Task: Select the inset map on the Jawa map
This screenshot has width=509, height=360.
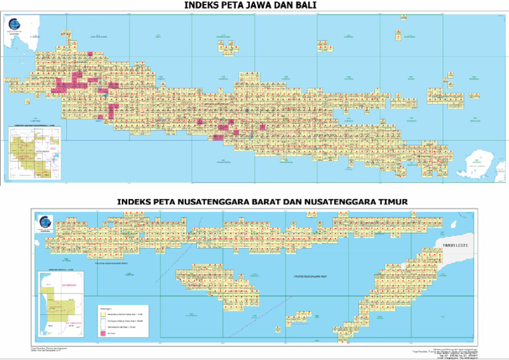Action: click(x=32, y=151)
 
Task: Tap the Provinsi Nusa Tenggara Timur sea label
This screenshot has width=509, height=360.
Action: click(x=311, y=275)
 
